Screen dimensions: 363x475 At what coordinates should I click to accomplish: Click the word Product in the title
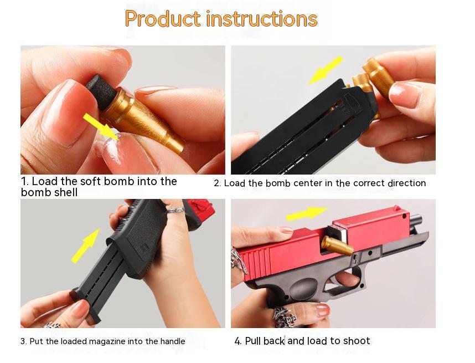162,19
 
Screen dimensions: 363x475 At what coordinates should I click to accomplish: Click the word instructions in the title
261,19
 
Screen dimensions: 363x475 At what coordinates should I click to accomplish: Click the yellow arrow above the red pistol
307,213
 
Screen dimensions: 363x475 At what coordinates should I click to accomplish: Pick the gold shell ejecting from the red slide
337,246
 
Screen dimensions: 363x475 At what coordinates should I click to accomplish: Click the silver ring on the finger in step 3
175,211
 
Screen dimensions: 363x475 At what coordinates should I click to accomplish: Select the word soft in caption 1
91,181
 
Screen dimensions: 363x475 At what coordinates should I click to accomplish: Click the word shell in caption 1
64,192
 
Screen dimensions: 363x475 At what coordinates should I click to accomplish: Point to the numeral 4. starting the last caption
238,341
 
